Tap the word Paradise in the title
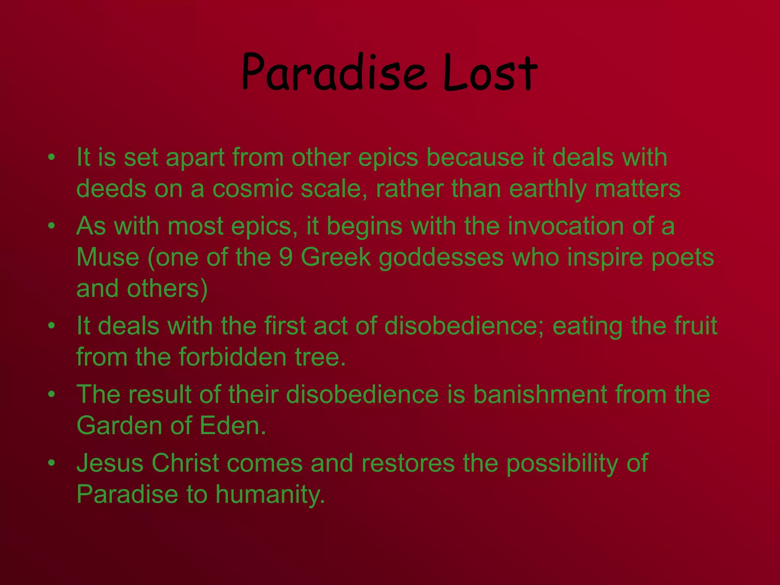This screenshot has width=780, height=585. (x=334, y=72)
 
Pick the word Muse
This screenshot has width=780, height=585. (x=108, y=257)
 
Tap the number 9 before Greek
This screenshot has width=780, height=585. (x=286, y=257)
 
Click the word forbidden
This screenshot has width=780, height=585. (x=233, y=357)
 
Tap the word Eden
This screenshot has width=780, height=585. (x=232, y=426)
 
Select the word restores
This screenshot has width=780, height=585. (x=408, y=463)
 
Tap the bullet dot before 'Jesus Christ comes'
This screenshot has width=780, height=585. (x=52, y=463)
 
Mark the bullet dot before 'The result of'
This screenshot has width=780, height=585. (x=52, y=395)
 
